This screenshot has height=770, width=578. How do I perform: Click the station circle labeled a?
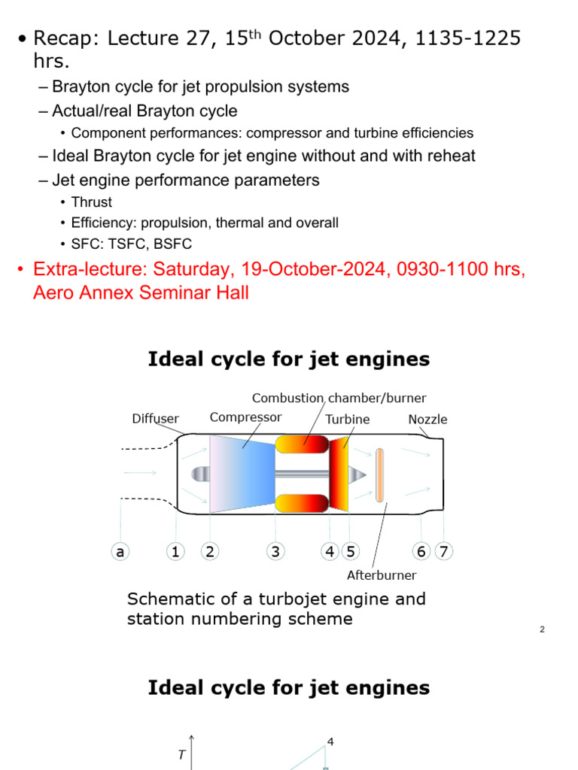pyautogui.click(x=120, y=552)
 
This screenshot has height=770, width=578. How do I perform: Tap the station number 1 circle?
pyautogui.click(x=175, y=552)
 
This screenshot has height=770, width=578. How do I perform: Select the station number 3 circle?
pyautogui.click(x=275, y=552)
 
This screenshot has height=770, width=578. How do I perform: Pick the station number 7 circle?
pyautogui.click(x=444, y=552)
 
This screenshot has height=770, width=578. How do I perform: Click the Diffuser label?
pyautogui.click(x=156, y=419)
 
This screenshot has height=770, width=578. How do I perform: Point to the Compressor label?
pyautogui.click(x=245, y=417)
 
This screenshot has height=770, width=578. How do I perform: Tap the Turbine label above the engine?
pyautogui.click(x=348, y=420)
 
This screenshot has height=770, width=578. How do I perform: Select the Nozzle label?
pyautogui.click(x=427, y=420)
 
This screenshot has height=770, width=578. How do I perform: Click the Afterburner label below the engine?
pyautogui.click(x=382, y=575)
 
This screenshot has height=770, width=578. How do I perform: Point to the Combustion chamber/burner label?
pyautogui.click(x=339, y=398)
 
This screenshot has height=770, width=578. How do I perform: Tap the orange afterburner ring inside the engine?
pyautogui.click(x=379, y=474)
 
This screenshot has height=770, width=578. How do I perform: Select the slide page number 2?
pyautogui.click(x=542, y=629)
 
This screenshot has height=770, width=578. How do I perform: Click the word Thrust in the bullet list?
pyautogui.click(x=92, y=202)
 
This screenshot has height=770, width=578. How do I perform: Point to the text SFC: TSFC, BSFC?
pyautogui.click(x=132, y=244)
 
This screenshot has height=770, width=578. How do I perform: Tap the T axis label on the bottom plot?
pyautogui.click(x=181, y=756)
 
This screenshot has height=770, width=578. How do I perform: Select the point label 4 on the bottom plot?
pyautogui.click(x=330, y=742)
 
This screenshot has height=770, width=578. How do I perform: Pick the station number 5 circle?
pyautogui.click(x=350, y=552)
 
